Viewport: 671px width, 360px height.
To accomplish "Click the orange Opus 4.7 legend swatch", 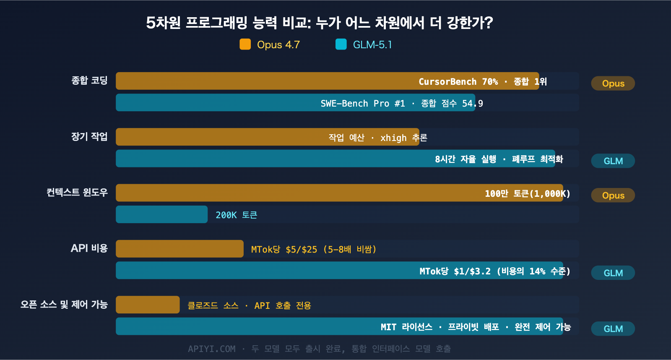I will [x=245, y=44].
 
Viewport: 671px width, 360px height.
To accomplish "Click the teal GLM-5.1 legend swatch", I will [x=341, y=44].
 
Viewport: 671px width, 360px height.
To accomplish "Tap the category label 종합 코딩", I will [x=89, y=80].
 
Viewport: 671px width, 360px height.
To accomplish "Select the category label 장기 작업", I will [x=89, y=136].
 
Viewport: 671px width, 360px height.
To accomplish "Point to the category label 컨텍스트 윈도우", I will [x=77, y=192].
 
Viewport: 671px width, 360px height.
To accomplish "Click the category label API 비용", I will [x=89, y=248].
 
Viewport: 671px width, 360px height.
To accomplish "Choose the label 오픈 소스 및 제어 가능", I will [x=64, y=304].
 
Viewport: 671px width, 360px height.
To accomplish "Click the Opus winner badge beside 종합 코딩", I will [x=613, y=83].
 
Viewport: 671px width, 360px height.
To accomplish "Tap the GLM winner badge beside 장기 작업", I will [x=613, y=161].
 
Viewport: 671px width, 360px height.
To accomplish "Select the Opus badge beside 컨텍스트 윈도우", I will [x=613, y=195].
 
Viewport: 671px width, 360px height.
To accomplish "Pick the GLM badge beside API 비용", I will [x=613, y=273].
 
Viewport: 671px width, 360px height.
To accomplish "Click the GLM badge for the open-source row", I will [x=613, y=329].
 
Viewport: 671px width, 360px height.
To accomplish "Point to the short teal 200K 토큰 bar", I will [x=161, y=214].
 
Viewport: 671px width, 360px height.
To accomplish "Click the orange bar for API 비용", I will [x=179, y=249].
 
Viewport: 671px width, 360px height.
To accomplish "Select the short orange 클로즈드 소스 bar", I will [x=148, y=305].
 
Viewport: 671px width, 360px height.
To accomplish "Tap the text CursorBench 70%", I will [x=458, y=81].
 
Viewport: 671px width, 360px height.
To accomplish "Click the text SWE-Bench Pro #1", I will [x=363, y=103].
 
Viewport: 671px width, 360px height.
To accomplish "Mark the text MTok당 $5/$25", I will [x=284, y=249].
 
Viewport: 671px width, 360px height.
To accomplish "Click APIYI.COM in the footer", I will [x=211, y=349].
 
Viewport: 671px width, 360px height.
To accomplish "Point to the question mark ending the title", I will [x=489, y=23].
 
